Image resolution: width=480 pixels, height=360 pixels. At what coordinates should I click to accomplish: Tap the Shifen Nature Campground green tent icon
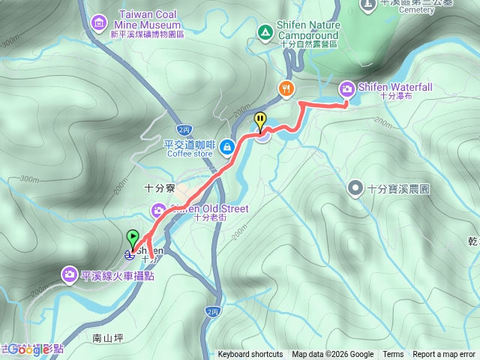pos(264,32)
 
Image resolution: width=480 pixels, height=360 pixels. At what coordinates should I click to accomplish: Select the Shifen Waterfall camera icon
pos(347,88)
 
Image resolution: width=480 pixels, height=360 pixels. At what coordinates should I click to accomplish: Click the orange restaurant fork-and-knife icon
pos(286,88)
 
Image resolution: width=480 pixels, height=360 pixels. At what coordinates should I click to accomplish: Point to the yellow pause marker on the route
pos(260,120)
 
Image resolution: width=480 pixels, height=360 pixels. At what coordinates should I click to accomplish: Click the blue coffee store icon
pos(227,145)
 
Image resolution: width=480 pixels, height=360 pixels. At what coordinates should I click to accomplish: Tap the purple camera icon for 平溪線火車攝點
pos(69,274)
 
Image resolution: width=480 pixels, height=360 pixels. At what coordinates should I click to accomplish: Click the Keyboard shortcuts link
pos(250,355)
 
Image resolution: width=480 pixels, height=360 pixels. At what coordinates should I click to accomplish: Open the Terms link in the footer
pos(393,355)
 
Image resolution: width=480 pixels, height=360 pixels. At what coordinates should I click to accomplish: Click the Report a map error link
pos(445,355)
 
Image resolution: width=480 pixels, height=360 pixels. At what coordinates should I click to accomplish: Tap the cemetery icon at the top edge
pos(367,4)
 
